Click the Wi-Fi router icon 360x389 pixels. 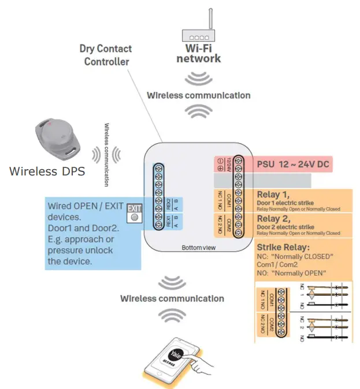coord(198,33)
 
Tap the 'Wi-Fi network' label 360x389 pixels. coord(198,54)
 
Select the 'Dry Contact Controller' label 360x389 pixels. coord(106,55)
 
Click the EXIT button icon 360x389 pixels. coord(134,213)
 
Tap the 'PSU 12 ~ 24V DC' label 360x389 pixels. coord(293,165)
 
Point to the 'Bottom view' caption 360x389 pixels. coord(198,248)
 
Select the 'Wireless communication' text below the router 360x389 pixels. coord(198,95)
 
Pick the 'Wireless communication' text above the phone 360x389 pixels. coord(172,298)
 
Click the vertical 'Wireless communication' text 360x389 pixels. coord(107,154)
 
